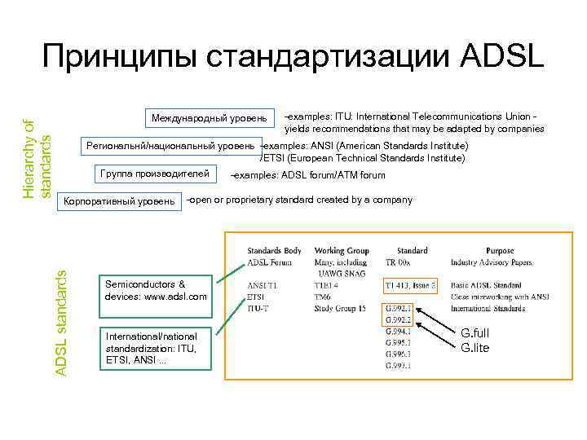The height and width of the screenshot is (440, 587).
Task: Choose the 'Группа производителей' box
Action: pos(153,174)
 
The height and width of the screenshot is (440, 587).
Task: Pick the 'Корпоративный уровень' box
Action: pos(119,200)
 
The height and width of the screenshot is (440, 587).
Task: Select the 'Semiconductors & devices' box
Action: pos(156,290)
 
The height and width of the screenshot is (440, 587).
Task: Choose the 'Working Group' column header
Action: pos(341,250)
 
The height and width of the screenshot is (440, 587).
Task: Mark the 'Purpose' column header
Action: pos(499,250)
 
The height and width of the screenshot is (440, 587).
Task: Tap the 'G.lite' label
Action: pos(476,348)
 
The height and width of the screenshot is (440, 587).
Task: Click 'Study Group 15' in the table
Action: pos(339,309)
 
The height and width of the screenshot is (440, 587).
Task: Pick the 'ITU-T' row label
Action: pos(258,309)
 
